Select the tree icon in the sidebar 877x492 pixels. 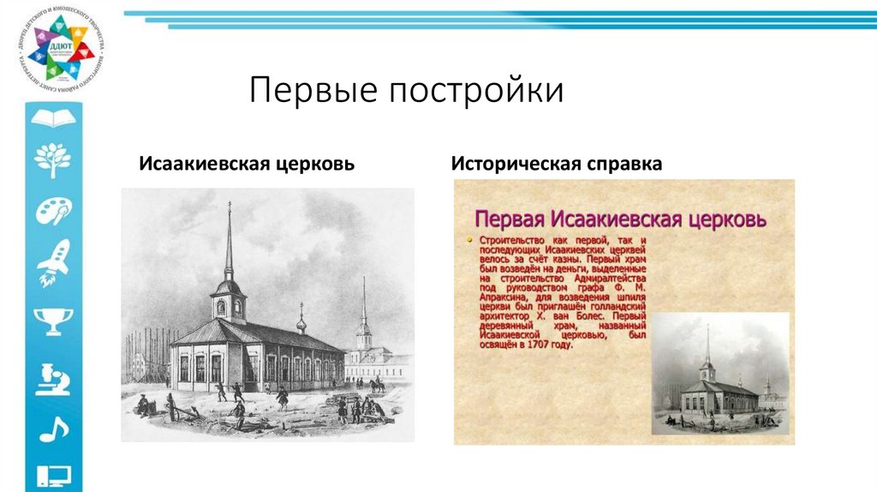(53, 159)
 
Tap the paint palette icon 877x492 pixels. (53, 208)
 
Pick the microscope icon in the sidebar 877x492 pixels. (53, 377)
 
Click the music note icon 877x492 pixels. (53, 429)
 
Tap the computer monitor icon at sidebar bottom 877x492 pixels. (53, 475)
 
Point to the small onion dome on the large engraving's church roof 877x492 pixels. (301, 323)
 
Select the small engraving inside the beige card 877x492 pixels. (719, 373)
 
